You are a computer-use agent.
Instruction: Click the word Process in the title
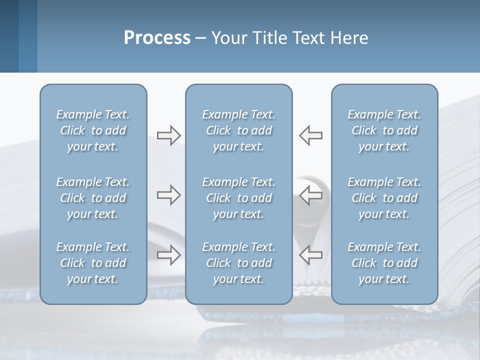click(x=157, y=38)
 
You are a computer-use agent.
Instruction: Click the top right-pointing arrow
click(x=168, y=135)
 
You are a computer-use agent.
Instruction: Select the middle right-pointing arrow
click(x=168, y=195)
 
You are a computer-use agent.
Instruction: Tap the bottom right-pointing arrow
click(x=168, y=254)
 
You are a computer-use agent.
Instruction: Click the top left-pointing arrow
click(x=311, y=135)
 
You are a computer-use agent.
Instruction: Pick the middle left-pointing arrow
click(x=311, y=195)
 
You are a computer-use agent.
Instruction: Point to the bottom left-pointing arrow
click(x=311, y=254)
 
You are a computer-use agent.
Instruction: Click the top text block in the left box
click(x=93, y=130)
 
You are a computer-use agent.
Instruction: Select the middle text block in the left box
click(x=93, y=198)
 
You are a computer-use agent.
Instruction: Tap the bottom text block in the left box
click(x=93, y=263)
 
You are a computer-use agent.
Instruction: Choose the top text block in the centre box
click(x=238, y=130)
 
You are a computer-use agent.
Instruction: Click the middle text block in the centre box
click(x=238, y=198)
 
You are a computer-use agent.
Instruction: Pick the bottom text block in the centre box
click(x=238, y=263)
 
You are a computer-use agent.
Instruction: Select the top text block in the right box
click(x=384, y=130)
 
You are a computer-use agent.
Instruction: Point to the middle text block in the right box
click(x=384, y=198)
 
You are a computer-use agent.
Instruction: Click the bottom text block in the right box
click(x=384, y=263)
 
